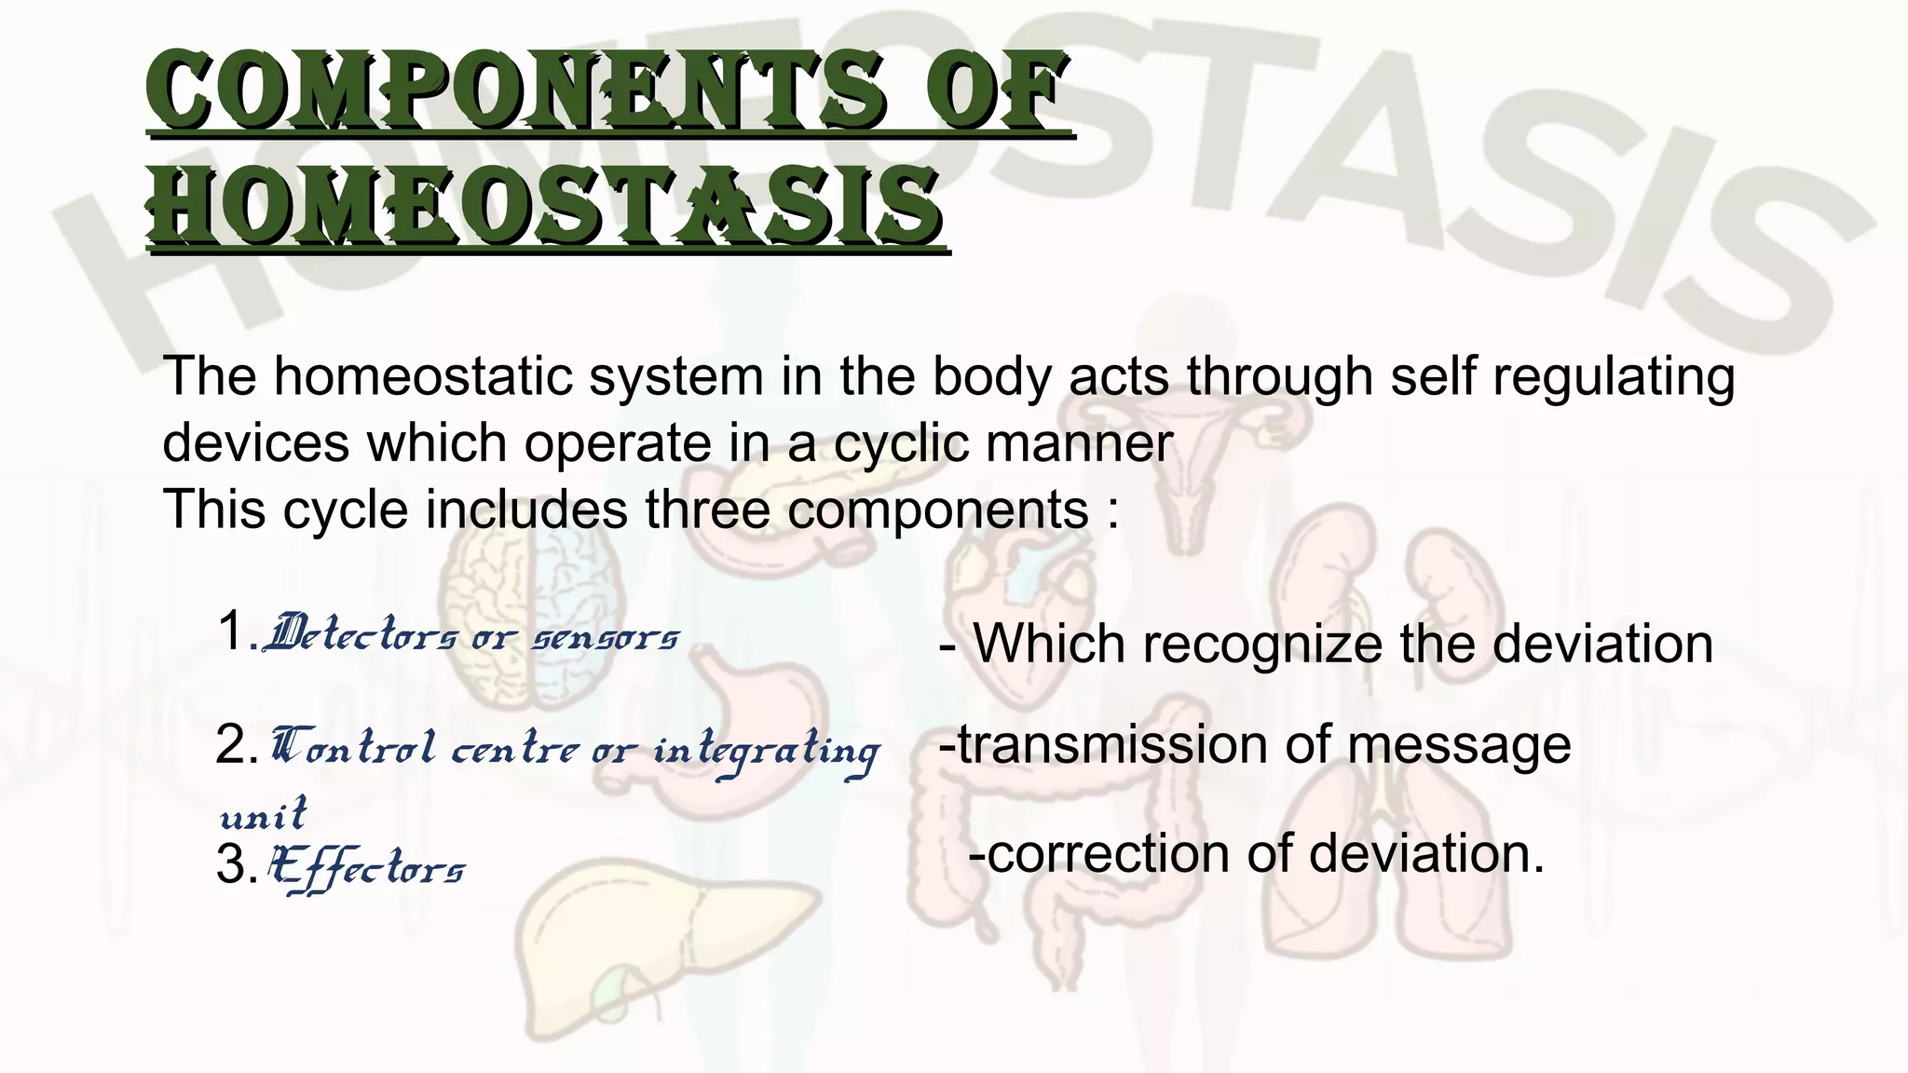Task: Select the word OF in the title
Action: [991, 93]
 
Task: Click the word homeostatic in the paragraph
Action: [422, 377]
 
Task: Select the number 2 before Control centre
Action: [230, 746]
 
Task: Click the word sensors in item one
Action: [606, 639]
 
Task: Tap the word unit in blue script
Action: [262, 814]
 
